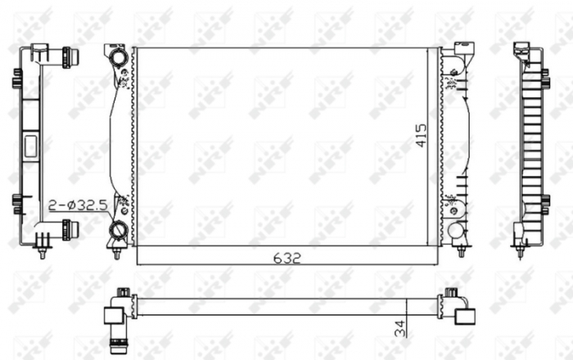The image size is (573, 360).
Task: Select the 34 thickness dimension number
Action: (399, 329)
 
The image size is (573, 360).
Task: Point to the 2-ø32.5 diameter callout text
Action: (77, 205)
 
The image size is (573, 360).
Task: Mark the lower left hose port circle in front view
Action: (120, 229)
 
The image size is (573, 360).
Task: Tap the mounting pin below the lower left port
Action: (116, 252)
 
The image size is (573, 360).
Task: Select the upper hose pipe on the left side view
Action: (67, 56)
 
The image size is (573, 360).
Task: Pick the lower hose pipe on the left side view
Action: (67, 227)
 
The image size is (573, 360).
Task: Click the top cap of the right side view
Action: (521, 49)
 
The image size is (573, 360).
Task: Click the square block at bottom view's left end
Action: (113, 313)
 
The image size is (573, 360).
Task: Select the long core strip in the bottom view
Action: (286, 306)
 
